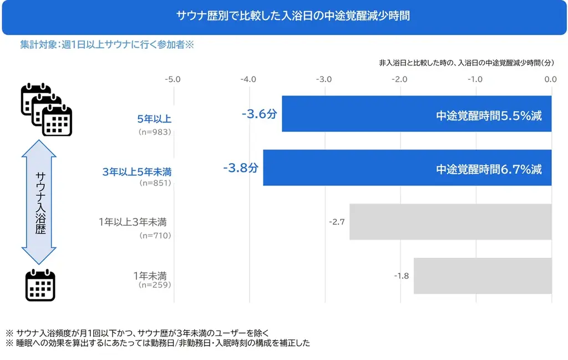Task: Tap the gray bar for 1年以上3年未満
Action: tap(450, 222)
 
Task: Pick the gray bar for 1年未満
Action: tap(483, 276)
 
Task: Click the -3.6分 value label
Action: tap(259, 114)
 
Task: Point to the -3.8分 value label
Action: tap(240, 168)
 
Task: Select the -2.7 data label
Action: tap(337, 222)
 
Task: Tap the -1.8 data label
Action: tap(401, 276)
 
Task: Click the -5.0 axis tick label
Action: tap(173, 79)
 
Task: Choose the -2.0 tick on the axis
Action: tap(399, 79)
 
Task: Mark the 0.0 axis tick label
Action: tap(550, 79)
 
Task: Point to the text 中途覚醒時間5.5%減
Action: tap(489, 116)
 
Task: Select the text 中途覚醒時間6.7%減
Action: tap(489, 170)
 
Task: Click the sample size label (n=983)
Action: tap(155, 133)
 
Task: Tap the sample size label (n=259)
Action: tap(155, 285)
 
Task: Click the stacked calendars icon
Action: tap(47, 110)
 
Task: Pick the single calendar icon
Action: tap(40, 285)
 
